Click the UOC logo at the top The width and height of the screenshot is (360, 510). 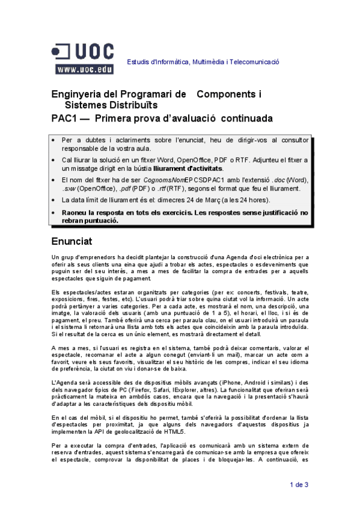[x=84, y=52]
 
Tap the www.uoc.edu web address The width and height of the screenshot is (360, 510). [x=85, y=70]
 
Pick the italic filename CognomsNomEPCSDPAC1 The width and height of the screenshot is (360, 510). [x=159, y=179]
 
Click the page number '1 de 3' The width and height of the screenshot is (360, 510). [x=299, y=484]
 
